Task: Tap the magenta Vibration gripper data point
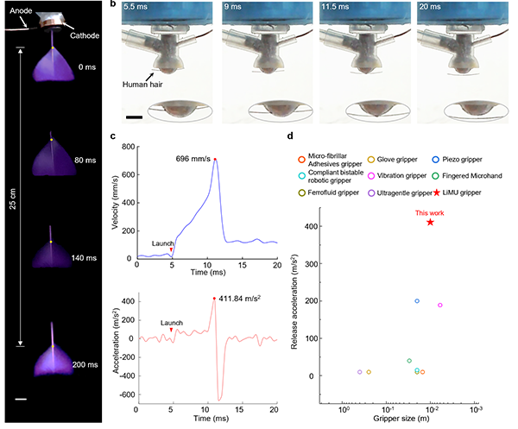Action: pos(464,305)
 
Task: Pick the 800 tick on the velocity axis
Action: pos(127,147)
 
